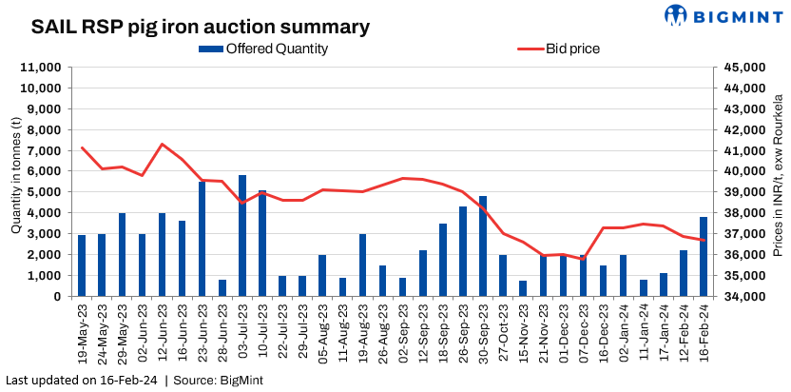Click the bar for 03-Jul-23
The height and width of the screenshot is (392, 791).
(242, 236)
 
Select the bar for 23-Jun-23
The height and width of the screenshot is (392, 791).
(203, 239)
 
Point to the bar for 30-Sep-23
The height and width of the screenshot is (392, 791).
(483, 246)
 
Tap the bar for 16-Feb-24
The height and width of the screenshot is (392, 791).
(704, 257)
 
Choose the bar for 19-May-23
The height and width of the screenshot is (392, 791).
(82, 265)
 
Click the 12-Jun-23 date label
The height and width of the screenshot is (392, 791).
(163, 327)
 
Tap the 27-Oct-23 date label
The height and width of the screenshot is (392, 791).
(503, 327)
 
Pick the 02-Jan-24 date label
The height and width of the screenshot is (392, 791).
(624, 327)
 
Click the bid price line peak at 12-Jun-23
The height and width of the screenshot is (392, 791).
(163, 144)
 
